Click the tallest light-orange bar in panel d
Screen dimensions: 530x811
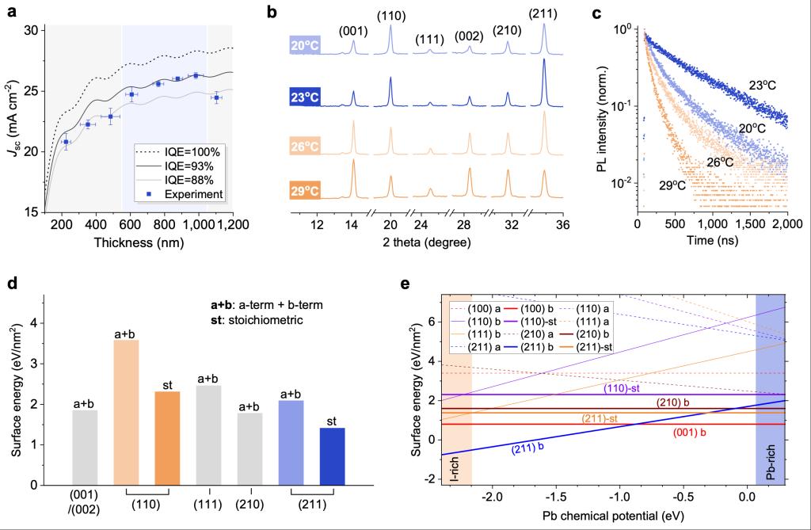[x=127, y=412]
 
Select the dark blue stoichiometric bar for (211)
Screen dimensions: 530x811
[x=333, y=456]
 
